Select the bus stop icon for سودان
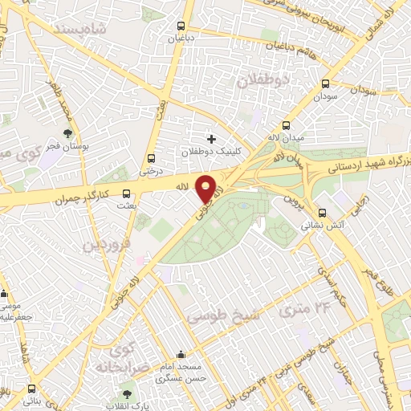tap(325, 83)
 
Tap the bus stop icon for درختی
tap(151, 157)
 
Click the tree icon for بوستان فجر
tap(68, 134)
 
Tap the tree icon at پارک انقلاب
tap(126, 393)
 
